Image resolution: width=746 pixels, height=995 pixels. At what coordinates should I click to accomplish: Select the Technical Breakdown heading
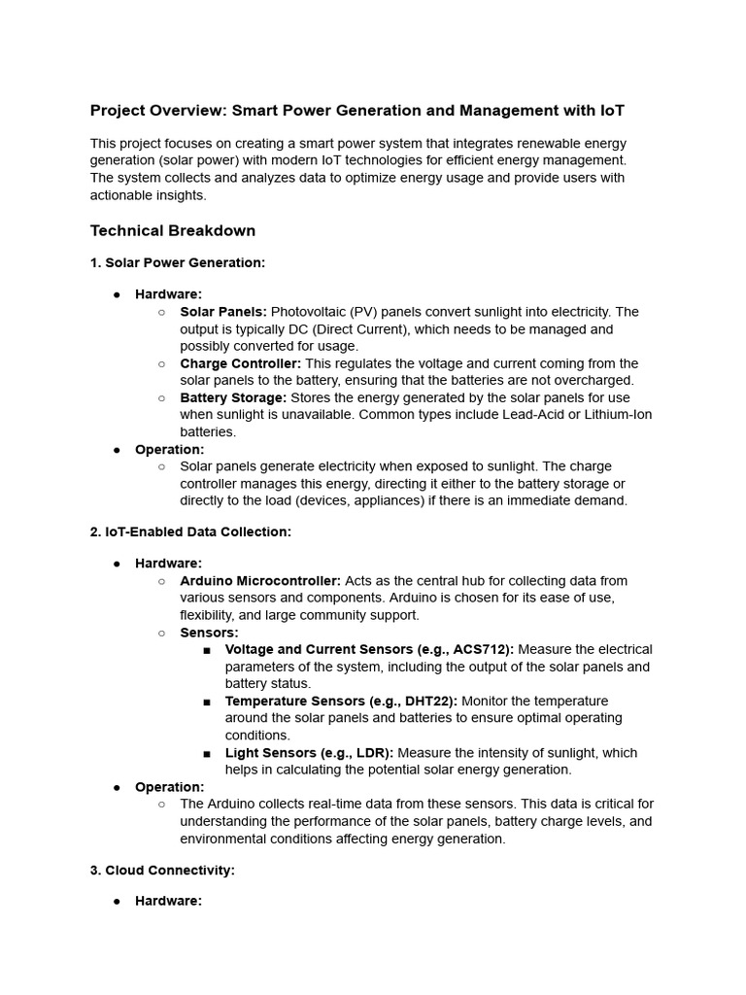click(173, 230)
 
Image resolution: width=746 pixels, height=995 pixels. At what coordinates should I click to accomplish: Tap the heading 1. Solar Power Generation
click(178, 262)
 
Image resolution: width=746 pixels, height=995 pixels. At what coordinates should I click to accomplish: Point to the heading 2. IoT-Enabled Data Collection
click(190, 532)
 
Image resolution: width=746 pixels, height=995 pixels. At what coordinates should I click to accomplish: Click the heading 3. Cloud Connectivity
click(162, 870)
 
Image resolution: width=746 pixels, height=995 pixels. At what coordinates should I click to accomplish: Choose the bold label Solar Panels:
click(222, 312)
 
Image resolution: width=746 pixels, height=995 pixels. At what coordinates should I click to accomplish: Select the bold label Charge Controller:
click(240, 363)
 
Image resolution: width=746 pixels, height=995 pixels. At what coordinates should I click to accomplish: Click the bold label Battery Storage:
click(233, 397)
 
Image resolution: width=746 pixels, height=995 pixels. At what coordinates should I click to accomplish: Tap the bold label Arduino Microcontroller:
click(260, 581)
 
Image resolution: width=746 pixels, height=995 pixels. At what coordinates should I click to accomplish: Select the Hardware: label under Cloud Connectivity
click(168, 901)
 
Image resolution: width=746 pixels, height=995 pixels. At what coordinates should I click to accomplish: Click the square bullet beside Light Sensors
click(208, 753)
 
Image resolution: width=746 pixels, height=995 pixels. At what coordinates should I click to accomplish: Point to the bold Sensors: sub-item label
click(209, 633)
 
